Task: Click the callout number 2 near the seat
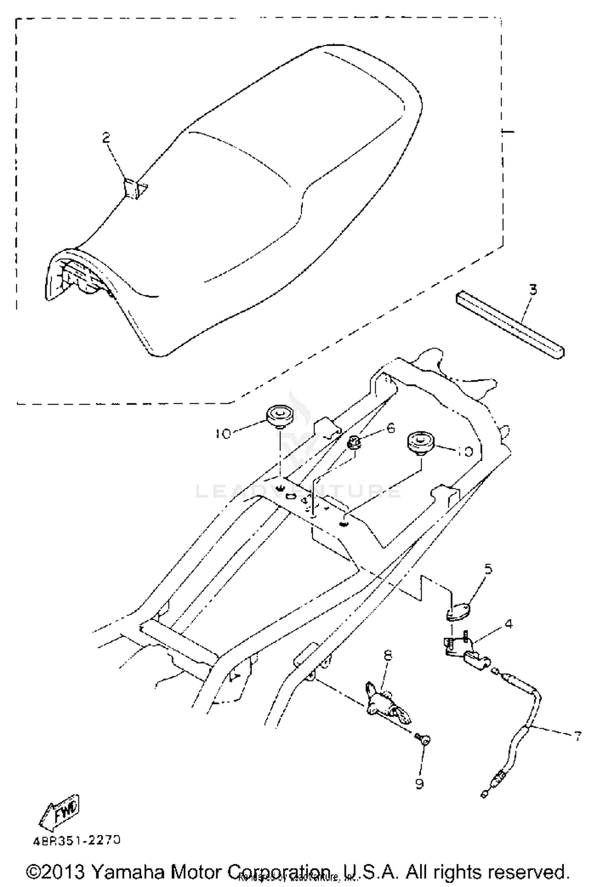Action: tap(106, 138)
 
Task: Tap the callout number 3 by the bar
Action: tap(533, 289)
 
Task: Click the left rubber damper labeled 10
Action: tap(279, 416)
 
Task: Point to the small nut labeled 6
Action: tap(354, 441)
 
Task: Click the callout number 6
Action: tap(390, 428)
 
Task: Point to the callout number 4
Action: tap(508, 624)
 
